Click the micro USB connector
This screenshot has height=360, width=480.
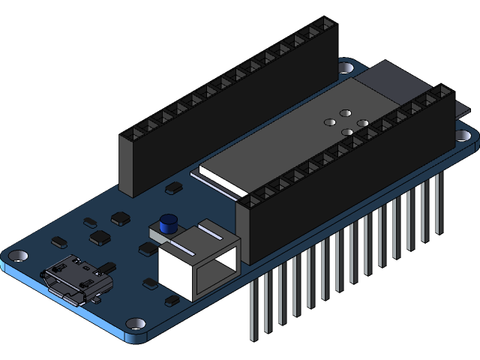76,280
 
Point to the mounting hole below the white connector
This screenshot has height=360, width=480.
135,324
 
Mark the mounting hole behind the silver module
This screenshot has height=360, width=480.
346,67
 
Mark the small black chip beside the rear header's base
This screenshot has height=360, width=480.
173,187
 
